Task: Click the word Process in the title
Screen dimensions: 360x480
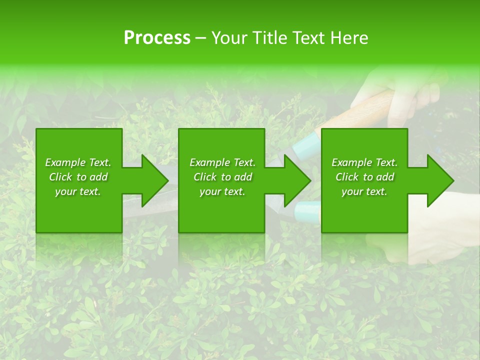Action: point(157,38)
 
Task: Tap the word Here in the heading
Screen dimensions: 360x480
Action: point(348,38)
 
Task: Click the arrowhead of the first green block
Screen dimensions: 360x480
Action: point(152,180)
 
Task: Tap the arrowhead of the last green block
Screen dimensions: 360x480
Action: point(438,180)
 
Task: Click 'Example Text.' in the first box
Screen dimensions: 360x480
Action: point(78,162)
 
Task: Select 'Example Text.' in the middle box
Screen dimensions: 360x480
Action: point(222,162)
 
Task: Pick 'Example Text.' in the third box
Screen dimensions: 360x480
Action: point(364,162)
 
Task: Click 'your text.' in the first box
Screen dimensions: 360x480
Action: point(78,191)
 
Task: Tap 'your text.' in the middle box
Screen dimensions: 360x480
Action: point(222,191)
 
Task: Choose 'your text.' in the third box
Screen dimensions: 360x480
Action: point(364,191)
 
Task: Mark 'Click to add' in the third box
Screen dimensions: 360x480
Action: point(364,177)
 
